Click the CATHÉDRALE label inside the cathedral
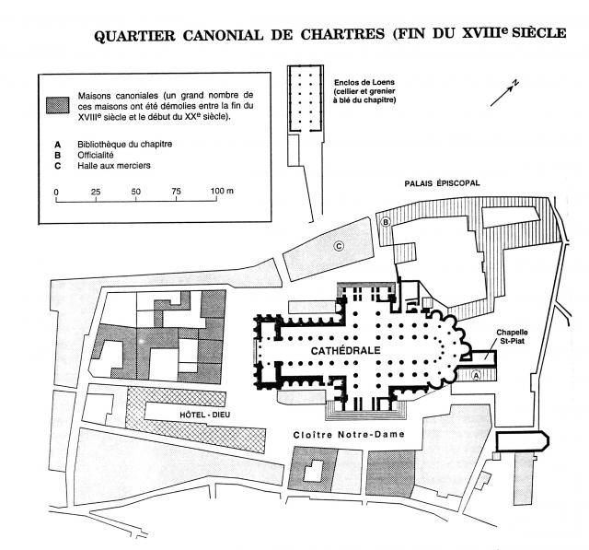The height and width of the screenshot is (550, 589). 346,350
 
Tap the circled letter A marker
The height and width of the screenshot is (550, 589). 476,375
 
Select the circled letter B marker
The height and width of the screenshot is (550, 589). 386,222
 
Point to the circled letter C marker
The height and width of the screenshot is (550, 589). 339,246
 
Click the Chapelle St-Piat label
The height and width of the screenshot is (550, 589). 512,336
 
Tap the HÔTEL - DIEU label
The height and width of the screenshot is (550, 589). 204,415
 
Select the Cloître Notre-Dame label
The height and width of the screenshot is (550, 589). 349,435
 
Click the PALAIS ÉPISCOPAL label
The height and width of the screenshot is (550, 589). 442,183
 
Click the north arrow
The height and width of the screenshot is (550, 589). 504,93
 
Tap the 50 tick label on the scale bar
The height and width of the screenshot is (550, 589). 135,192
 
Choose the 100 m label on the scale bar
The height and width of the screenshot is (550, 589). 222,191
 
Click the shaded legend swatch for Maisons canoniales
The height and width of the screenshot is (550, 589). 57,105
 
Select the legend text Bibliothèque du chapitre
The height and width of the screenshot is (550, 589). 125,144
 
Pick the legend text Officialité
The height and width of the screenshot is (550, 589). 96,155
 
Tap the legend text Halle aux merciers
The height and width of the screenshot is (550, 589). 114,166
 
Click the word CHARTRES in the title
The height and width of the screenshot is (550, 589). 342,35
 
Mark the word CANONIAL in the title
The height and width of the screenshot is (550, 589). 223,35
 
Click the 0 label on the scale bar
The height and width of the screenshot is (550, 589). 56,193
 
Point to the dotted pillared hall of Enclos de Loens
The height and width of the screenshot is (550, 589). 306,99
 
